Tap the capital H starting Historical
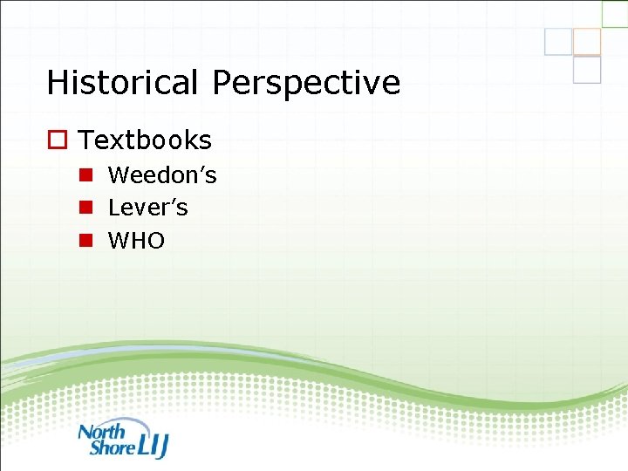point(58,83)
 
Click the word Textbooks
point(145,140)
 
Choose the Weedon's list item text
point(162,175)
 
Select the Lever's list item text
point(147,208)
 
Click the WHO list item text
point(136,241)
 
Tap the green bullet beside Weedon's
point(86,175)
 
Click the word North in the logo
point(102,431)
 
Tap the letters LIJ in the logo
point(154,444)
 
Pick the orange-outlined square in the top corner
point(587,41)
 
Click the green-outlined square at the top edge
point(615,12)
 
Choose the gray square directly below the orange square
point(587,70)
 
